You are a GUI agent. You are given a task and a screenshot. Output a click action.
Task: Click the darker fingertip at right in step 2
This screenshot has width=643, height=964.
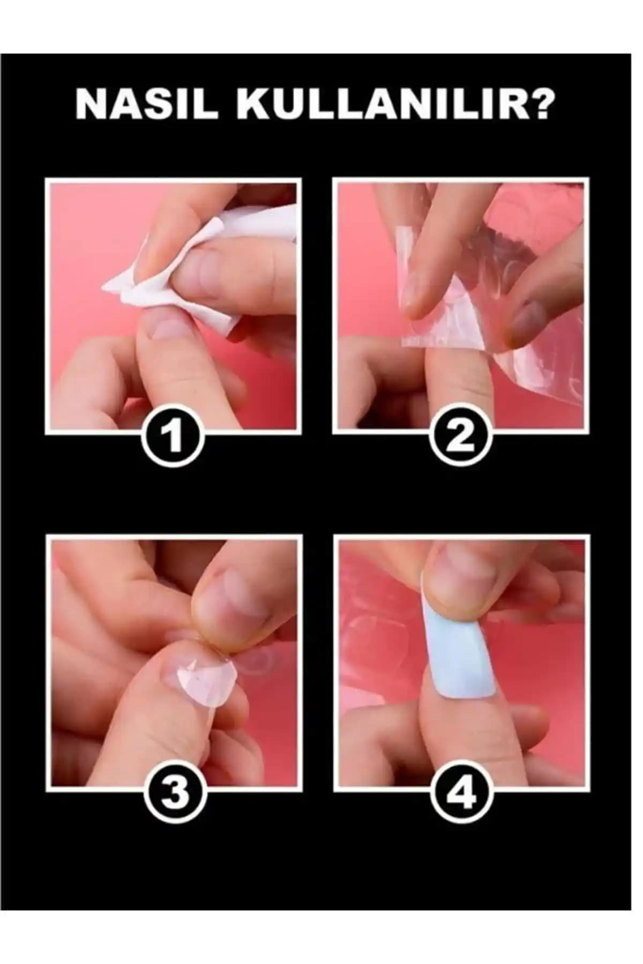click(x=528, y=321)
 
